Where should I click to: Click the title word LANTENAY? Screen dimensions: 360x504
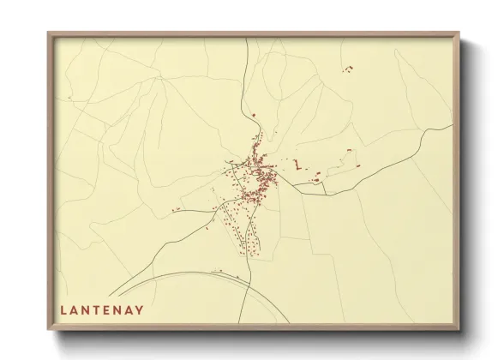coord(102,310)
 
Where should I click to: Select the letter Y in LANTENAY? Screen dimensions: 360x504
coord(140,310)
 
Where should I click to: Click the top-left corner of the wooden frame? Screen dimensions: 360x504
coord(48,33)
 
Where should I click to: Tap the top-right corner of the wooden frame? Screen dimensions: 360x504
coord(459,33)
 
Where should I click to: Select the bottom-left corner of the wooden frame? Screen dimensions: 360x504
coord(48,330)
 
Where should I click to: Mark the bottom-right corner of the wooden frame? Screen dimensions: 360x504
coord(459,330)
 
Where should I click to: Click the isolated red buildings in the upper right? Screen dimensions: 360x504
coord(348,67)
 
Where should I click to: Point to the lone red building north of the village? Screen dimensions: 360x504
coord(254,115)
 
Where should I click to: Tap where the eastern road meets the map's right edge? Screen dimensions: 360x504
coord(452,127)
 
